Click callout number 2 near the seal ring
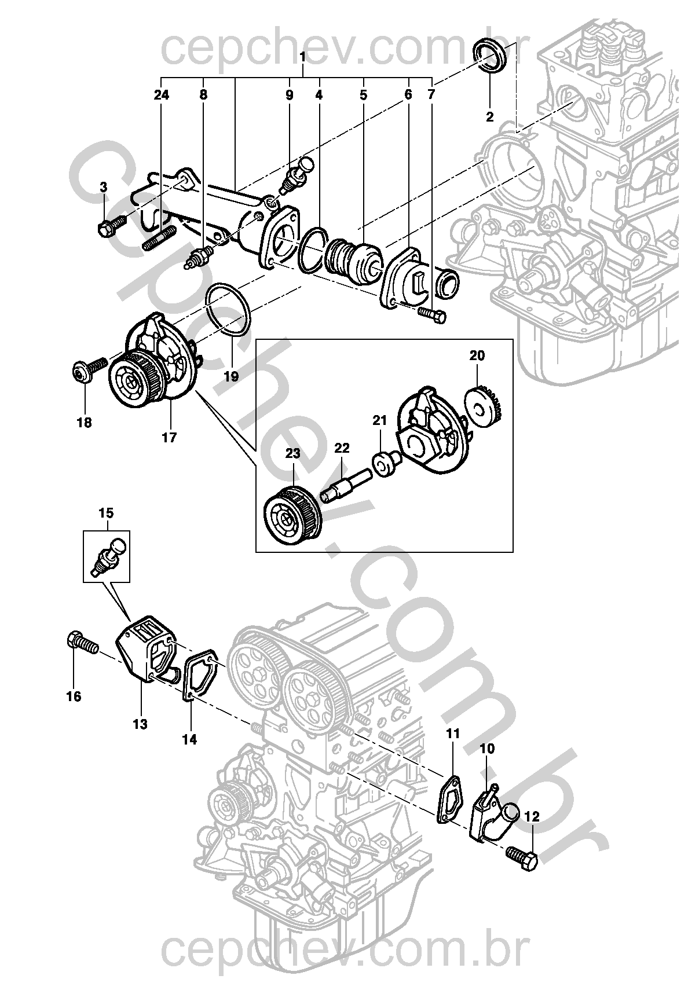pyautogui.click(x=489, y=117)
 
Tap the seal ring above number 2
pyautogui.click(x=491, y=56)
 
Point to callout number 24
pyautogui.click(x=162, y=95)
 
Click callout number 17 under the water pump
pyautogui.click(x=169, y=438)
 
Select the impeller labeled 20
pyautogui.click(x=484, y=407)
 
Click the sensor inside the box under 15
pyautogui.click(x=108, y=556)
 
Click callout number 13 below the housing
pyautogui.click(x=140, y=724)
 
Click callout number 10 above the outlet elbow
pyautogui.click(x=487, y=749)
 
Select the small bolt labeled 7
pyautogui.click(x=432, y=315)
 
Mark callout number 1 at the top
pyautogui.click(x=302, y=57)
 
